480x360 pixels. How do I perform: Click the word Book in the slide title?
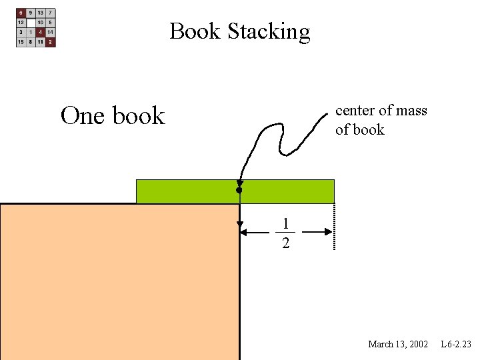(x=195, y=31)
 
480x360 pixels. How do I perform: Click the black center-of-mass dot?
(x=239, y=191)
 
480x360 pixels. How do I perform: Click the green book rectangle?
(x=287, y=191)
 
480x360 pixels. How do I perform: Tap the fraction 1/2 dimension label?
(x=285, y=233)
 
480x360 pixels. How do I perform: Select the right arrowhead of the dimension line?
(x=328, y=232)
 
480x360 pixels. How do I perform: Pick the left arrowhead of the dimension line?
(x=245, y=232)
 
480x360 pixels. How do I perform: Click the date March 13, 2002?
(x=398, y=344)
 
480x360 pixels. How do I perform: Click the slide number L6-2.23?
(x=456, y=344)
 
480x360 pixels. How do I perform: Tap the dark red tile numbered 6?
(x=21, y=13)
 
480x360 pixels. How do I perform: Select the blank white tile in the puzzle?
(x=31, y=22)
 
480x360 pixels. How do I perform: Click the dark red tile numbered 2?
(x=51, y=41)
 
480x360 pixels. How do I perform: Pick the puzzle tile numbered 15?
(x=21, y=41)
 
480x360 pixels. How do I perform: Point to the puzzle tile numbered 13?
(x=41, y=13)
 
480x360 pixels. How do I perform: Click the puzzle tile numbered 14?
(x=51, y=32)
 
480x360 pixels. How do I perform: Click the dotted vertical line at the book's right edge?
(x=334, y=227)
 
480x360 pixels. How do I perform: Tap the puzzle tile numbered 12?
(x=21, y=22)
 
